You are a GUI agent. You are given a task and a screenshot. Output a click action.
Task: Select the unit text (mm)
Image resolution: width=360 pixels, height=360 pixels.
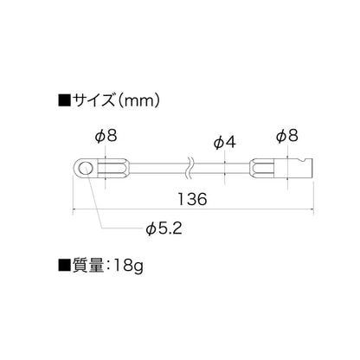[138, 100]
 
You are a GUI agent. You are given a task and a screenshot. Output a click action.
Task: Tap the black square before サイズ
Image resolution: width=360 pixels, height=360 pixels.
[64, 100]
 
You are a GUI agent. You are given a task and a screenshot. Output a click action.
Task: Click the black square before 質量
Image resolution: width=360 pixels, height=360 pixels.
[64, 265]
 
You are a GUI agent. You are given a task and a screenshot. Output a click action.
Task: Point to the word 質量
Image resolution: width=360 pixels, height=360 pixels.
[87, 265]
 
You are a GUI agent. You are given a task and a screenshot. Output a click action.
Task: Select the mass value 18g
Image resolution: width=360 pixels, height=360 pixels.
[128, 266]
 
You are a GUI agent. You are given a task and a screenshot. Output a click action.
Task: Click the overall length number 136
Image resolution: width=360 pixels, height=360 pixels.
[192, 199]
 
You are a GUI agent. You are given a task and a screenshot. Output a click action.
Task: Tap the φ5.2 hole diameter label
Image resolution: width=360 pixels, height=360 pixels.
[164, 229]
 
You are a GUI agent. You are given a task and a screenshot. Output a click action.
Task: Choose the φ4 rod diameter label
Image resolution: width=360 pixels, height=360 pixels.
[225, 143]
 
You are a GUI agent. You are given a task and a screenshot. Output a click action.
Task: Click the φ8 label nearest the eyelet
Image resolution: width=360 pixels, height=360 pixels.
[106, 136]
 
